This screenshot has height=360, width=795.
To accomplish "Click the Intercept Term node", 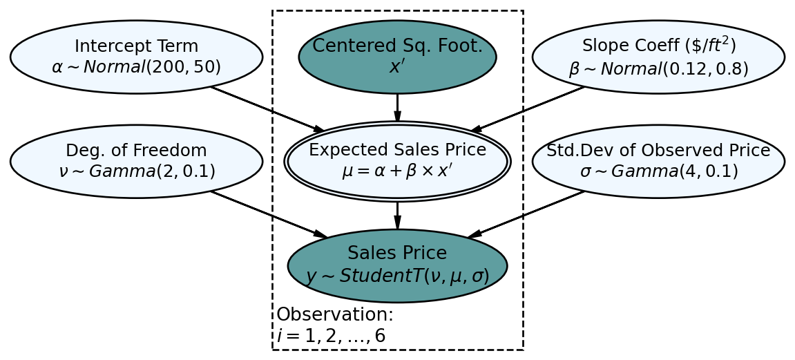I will tap(136, 57).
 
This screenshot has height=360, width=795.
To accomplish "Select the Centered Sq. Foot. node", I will tap(397, 57).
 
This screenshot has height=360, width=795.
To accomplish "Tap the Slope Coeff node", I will tap(658, 57).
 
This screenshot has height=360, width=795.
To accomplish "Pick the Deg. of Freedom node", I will tap(136, 161).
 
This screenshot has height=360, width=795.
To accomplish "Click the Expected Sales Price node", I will tap(397, 161).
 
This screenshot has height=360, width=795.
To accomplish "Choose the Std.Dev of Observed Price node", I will tap(658, 161).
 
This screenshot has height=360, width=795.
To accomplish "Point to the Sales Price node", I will tap(397, 265).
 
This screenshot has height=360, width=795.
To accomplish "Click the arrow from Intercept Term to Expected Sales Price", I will tap(267, 108).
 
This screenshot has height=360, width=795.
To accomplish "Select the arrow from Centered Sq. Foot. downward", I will tap(397, 107).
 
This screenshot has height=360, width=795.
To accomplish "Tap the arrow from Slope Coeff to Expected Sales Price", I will tap(528, 108).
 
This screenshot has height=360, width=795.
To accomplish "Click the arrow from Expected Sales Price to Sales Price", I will tap(397, 215).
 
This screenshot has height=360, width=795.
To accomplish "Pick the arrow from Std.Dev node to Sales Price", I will tap(526, 214).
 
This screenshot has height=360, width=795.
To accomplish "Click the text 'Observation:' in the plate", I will tap(335, 315).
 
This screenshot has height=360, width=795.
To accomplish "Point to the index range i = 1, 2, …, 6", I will tap(331, 337).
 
